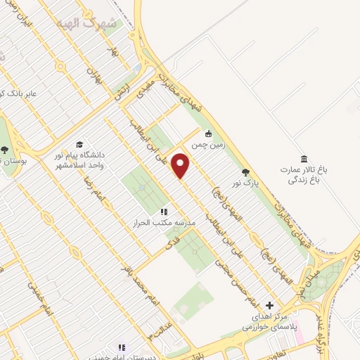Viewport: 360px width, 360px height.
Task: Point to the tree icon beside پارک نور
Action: (245, 172)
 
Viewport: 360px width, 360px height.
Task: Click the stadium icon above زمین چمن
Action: (208, 134)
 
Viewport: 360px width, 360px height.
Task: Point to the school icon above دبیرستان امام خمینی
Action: (121, 347)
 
